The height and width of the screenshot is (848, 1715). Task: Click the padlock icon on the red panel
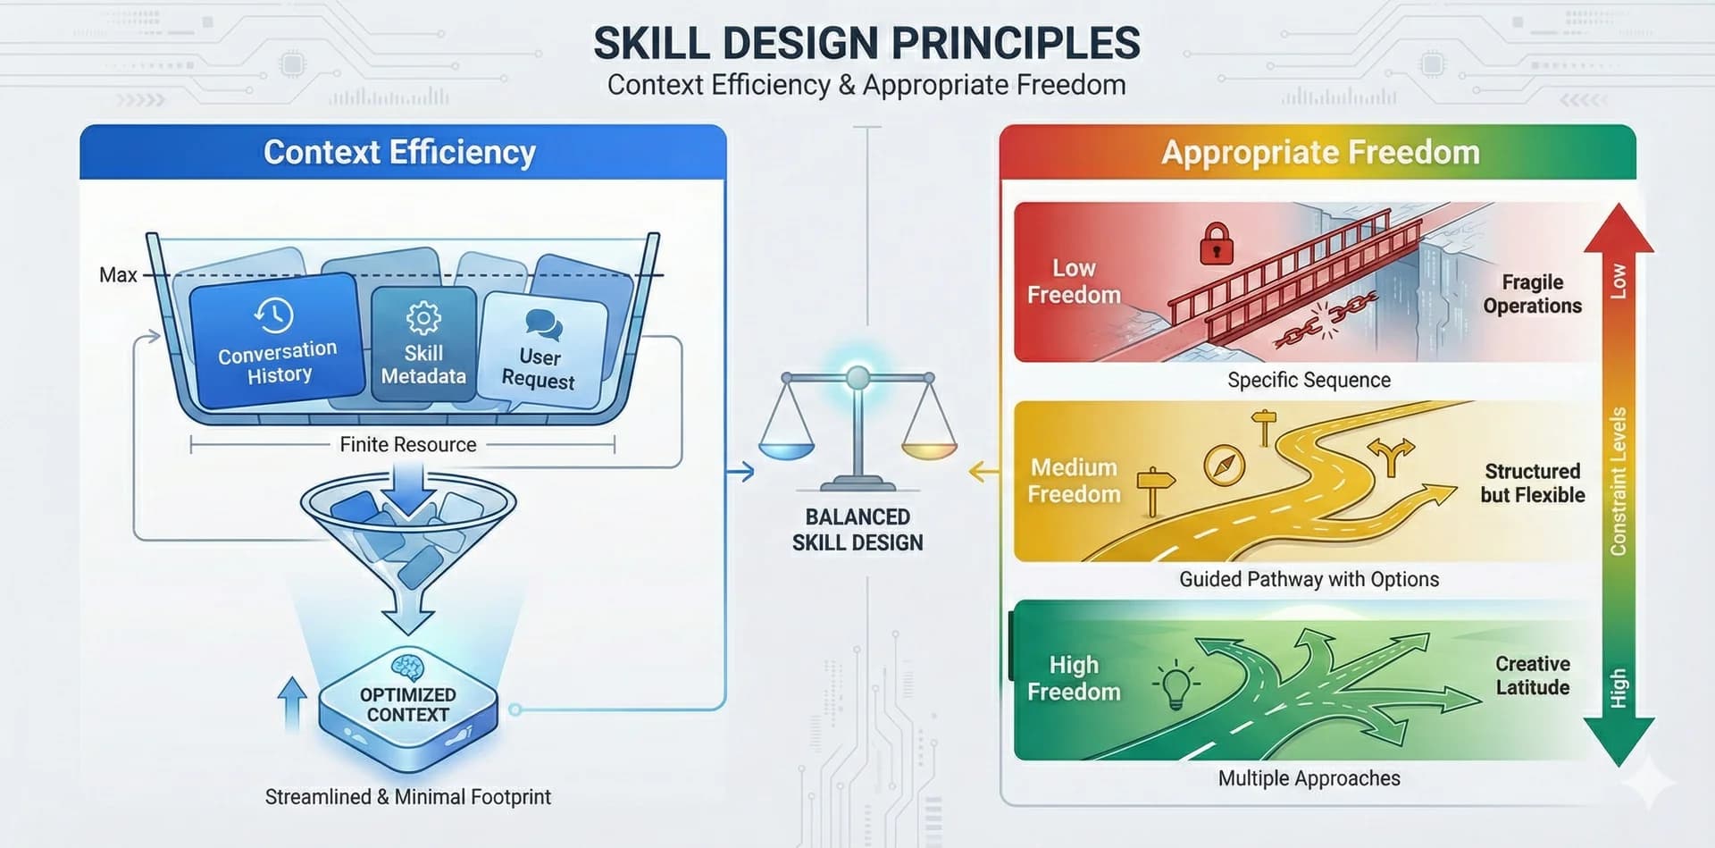coord(1216,244)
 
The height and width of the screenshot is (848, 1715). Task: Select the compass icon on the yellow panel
coord(1224,466)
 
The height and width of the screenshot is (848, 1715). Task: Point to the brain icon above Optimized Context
coord(408,667)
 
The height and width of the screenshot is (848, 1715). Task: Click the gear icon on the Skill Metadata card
coord(423,318)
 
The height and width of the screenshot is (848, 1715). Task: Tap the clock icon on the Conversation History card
coord(273,315)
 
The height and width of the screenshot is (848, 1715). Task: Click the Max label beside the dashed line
coord(118,275)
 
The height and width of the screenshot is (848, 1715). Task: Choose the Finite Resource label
coord(408,444)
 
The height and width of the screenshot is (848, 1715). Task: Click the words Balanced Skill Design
coord(857,530)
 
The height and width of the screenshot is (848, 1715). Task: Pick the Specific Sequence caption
coord(1309,380)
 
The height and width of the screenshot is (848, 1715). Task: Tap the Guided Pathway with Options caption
coord(1309,579)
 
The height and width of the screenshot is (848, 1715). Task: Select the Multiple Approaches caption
coord(1309,778)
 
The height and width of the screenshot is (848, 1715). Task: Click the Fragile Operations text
coord(1532,294)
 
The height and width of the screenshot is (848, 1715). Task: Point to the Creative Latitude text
coord(1532,676)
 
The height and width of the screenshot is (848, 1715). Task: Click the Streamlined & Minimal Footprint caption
coord(408,796)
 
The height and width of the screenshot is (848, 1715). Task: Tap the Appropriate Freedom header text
coord(1320,152)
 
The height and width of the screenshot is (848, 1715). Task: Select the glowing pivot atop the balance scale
coord(857,377)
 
